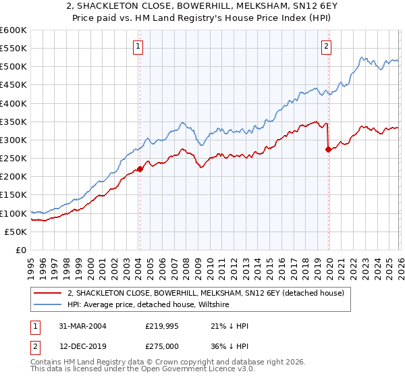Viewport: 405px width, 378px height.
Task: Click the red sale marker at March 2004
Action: pyautogui.click(x=140, y=169)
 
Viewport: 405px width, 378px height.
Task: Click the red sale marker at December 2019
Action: pyautogui.click(x=328, y=150)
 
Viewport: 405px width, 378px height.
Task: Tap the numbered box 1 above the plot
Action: pyautogui.click(x=138, y=47)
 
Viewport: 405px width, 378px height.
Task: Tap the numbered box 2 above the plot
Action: pyautogui.click(x=326, y=47)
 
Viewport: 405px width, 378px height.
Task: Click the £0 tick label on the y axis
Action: pyautogui.click(x=20, y=250)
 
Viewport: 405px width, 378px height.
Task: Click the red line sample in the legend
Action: pyautogui.click(x=49, y=293)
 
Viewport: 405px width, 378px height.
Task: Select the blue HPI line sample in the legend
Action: pyautogui.click(x=49, y=305)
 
